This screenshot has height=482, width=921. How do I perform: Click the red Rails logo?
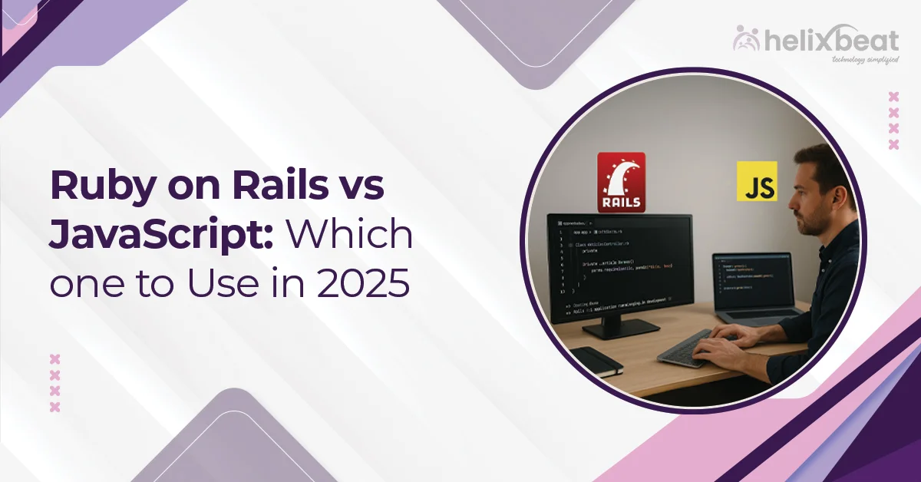[621, 182]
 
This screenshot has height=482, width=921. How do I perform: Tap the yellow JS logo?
[756, 181]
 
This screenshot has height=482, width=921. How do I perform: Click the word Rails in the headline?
[274, 187]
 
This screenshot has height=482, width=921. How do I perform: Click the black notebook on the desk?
[596, 361]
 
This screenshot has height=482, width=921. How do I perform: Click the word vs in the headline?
[361, 187]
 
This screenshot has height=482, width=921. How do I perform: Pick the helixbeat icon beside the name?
[747, 38]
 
